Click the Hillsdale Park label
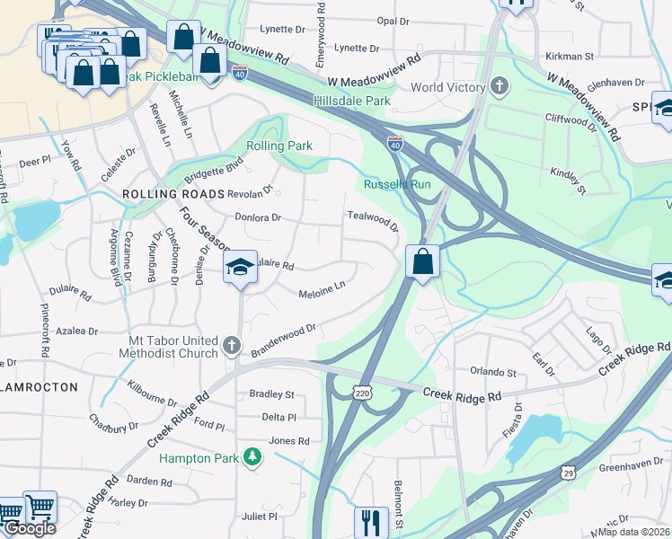(352, 102)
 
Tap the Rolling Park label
(279, 146)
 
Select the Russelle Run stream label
(397, 184)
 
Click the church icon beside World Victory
(500, 87)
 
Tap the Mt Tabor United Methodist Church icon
(232, 346)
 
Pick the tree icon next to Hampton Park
(254, 458)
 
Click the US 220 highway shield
(362, 393)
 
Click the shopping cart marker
(39, 507)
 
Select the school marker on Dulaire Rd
(240, 267)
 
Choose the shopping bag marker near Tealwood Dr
(422, 262)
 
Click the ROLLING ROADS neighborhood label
(172, 194)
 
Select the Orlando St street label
(493, 371)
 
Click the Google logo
(30, 528)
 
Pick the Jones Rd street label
(289, 441)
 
